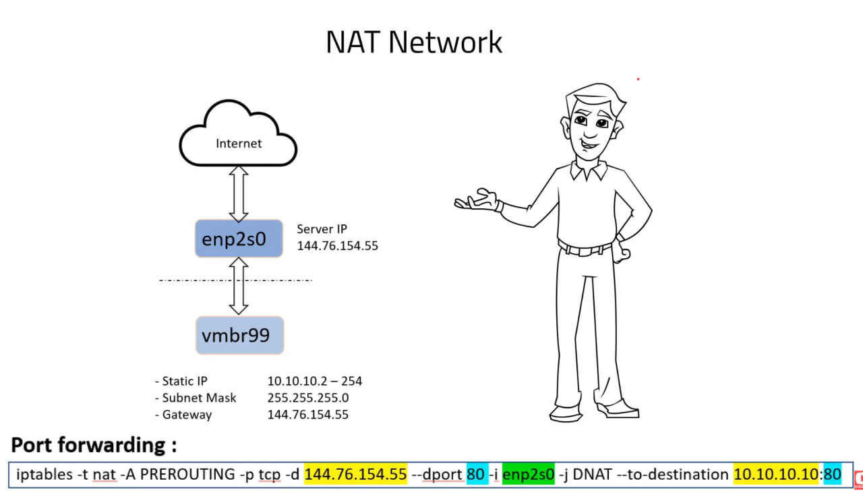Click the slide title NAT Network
pyautogui.click(x=414, y=42)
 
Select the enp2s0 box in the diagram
pyautogui.click(x=239, y=239)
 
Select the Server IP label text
pyautogui.click(x=322, y=229)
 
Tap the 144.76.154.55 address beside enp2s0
pyautogui.click(x=337, y=246)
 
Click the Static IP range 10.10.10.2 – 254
pyautogui.click(x=314, y=381)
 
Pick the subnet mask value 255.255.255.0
pyautogui.click(x=307, y=398)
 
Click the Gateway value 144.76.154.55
pyautogui.click(x=307, y=414)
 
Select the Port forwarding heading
pyautogui.click(x=94, y=445)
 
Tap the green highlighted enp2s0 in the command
pyautogui.click(x=528, y=474)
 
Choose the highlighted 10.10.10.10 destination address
pyautogui.click(x=776, y=474)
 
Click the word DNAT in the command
pyautogui.click(x=592, y=474)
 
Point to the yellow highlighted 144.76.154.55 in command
pyautogui.click(x=355, y=474)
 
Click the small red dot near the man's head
pyautogui.click(x=638, y=80)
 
